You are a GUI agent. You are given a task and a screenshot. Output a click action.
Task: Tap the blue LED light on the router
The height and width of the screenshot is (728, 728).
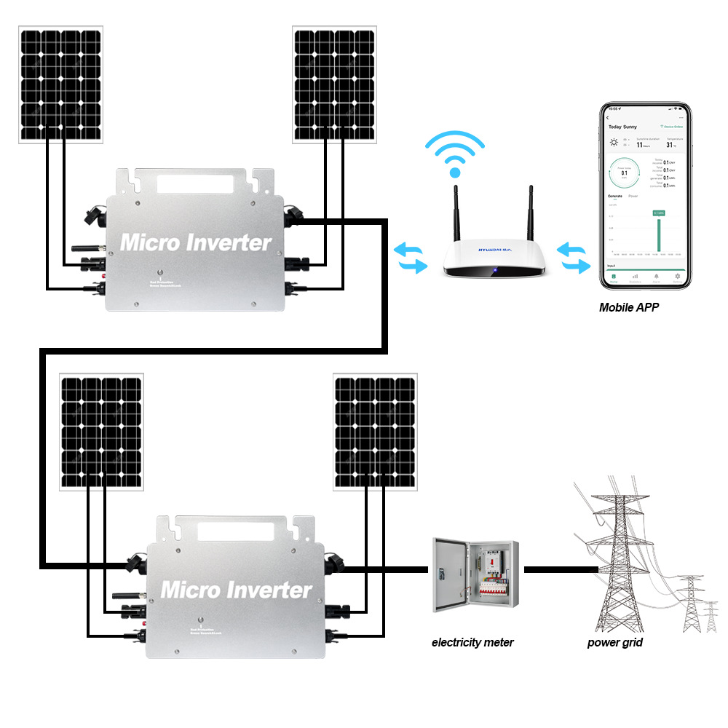coord(494,272)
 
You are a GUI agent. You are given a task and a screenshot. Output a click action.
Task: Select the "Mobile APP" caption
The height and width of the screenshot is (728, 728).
coord(629,307)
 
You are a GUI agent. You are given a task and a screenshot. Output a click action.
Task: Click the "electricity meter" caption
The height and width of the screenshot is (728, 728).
coord(472,642)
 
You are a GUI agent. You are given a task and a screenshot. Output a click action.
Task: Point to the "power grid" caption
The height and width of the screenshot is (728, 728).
coord(615,642)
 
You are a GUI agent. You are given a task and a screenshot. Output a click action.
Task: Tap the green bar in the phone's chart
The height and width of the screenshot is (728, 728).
coord(658,233)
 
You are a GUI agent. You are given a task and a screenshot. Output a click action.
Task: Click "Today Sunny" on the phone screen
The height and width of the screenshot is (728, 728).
coord(622,127)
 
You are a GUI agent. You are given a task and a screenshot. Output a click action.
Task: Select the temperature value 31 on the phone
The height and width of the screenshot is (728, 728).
coord(670,144)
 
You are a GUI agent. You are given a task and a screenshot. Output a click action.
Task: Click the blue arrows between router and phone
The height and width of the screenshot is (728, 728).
coord(574,258)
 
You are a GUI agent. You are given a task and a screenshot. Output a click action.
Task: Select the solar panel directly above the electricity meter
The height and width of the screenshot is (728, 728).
coord(375,431)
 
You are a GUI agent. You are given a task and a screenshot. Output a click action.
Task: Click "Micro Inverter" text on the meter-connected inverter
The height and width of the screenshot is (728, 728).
coord(237,588)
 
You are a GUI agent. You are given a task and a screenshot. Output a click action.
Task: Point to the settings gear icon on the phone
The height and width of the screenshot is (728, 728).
coord(678,277)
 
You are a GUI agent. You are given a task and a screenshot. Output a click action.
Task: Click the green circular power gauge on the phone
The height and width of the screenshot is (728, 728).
coord(624,173)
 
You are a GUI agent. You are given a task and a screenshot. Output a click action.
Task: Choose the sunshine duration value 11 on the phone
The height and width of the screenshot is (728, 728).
coord(639,144)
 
